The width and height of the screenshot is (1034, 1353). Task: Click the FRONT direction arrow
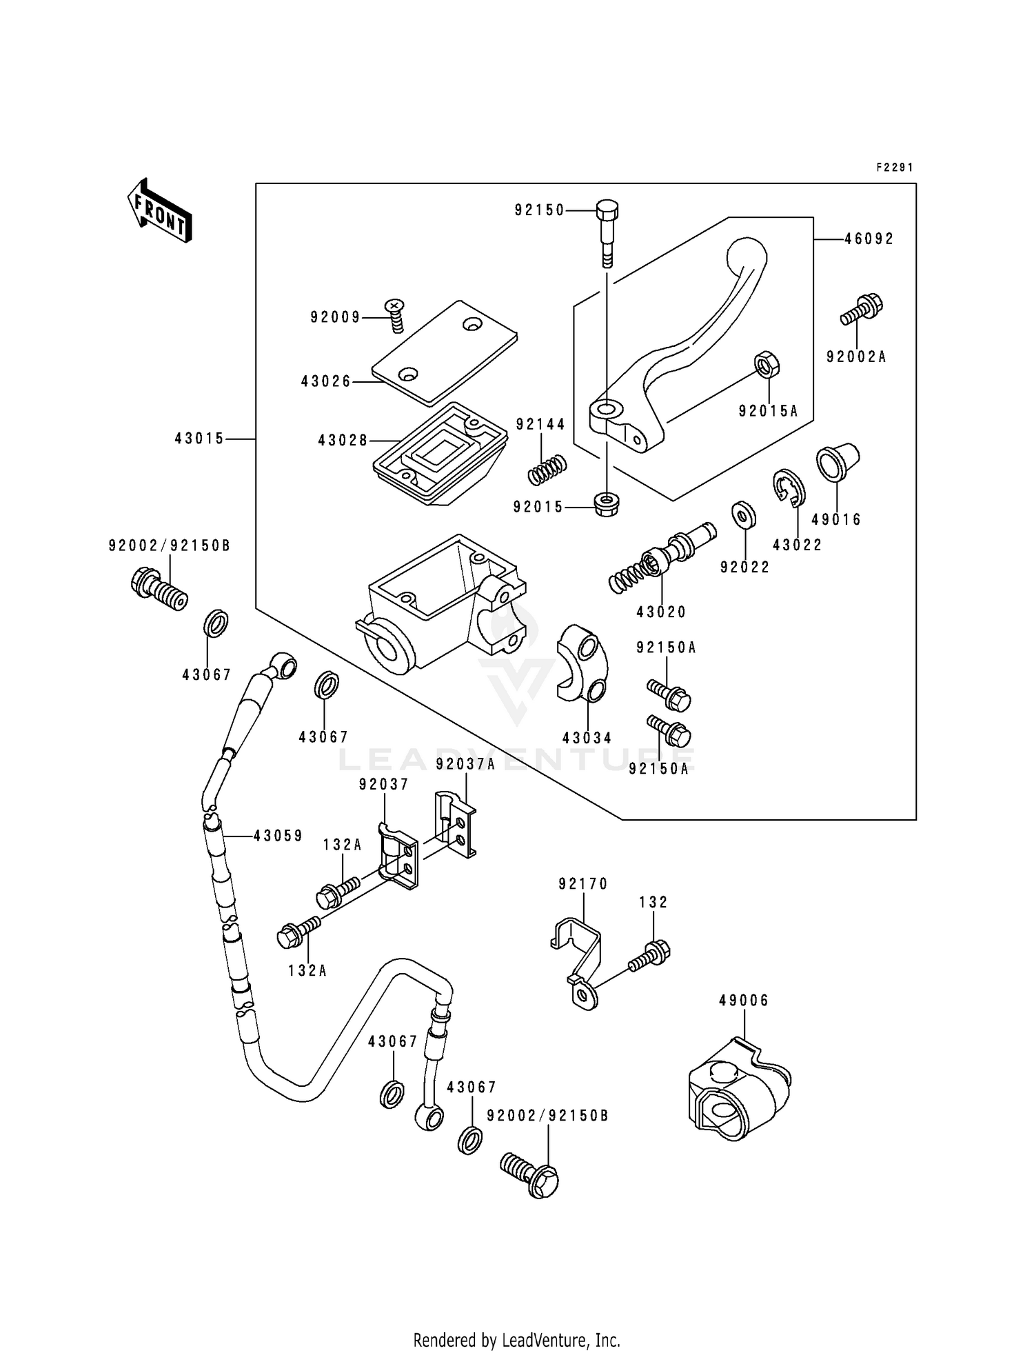pos(159,211)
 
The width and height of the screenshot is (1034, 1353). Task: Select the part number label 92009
pos(335,317)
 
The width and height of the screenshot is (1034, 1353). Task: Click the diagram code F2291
pos(894,168)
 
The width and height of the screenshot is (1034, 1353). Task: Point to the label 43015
pos(199,439)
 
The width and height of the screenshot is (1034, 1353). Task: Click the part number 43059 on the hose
pos(278,836)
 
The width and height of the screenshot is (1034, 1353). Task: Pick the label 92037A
pos(465,764)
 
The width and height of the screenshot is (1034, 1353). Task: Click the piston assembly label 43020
pos(661,612)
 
